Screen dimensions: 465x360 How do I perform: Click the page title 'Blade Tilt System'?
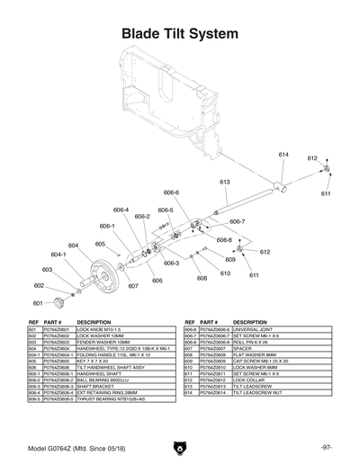point(180,34)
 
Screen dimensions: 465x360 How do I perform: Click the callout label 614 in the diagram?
point(283,155)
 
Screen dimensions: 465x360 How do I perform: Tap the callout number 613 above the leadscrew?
point(225,182)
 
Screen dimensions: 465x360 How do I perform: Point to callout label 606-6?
point(172,192)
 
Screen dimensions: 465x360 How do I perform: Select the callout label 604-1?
point(59,255)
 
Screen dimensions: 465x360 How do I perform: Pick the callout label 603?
point(48,269)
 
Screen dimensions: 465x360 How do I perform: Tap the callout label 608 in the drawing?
point(202,278)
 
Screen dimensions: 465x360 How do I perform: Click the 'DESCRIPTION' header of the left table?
point(94,322)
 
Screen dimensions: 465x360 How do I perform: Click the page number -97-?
point(326,446)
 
